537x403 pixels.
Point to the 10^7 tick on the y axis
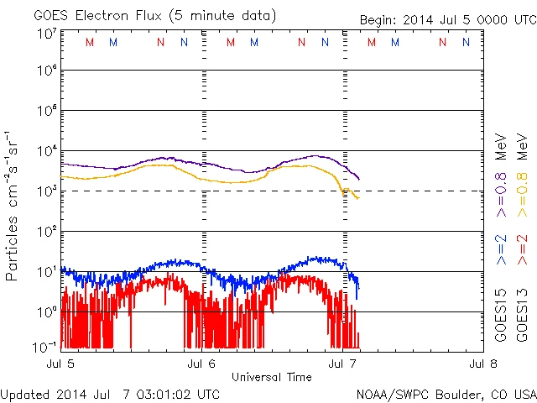tap(46, 34)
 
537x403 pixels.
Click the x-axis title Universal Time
tap(272, 377)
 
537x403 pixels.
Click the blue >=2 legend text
tap(501, 250)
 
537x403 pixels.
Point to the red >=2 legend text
tap(521, 250)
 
